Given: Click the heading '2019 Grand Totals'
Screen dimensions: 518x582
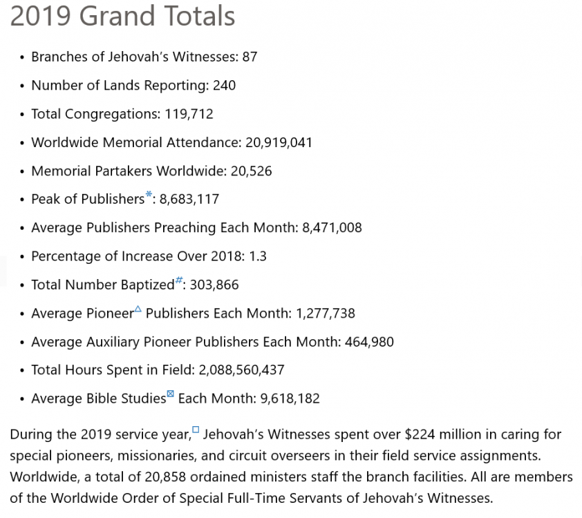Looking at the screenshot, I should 122,16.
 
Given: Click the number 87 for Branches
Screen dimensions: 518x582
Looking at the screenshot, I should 250,57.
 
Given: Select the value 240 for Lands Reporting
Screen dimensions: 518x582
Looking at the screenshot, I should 224,86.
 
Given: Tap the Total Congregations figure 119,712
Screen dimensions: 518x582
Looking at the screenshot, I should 189,114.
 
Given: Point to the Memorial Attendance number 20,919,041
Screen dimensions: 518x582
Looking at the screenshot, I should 279,142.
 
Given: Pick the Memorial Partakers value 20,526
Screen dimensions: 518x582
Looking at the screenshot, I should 251,171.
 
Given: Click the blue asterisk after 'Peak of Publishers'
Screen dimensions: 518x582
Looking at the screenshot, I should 149,195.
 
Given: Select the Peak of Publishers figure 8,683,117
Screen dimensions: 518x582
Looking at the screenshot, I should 189,199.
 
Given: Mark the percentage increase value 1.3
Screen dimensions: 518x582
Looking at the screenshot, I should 258,256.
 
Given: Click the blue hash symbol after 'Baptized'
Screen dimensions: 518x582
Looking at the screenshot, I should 179,280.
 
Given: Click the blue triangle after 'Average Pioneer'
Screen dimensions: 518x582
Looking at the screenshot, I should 138,309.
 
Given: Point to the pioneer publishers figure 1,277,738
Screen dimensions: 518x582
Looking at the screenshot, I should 325,313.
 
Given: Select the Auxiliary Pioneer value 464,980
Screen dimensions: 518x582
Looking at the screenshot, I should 368,342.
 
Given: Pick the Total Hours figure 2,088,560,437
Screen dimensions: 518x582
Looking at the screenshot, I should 241,370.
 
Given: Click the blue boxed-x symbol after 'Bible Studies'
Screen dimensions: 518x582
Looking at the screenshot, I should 171,394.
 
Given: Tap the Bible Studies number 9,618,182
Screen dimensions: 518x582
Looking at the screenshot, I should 290,399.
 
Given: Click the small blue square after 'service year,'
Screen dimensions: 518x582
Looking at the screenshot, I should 196,430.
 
